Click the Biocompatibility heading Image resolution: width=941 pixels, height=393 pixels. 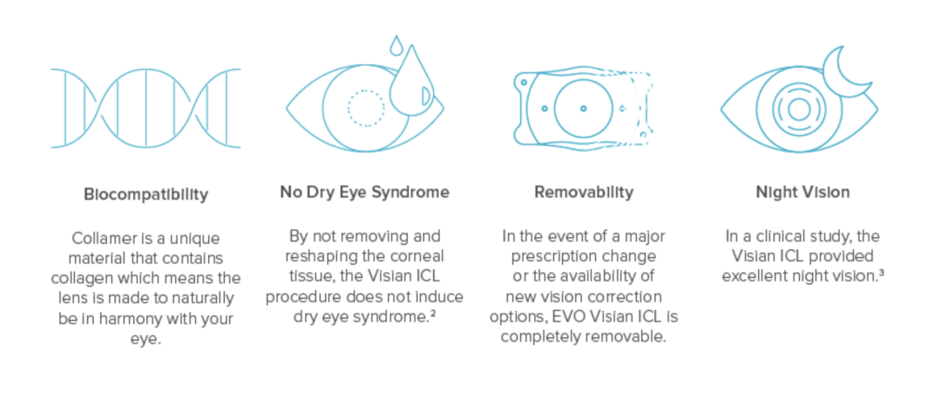(x=146, y=194)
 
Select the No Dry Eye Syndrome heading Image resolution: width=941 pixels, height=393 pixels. (x=364, y=192)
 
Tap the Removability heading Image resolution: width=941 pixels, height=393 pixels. (x=584, y=192)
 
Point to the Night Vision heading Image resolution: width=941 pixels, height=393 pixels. (x=802, y=192)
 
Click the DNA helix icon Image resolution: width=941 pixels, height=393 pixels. (x=146, y=108)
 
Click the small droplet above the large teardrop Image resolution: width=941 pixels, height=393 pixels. (x=396, y=45)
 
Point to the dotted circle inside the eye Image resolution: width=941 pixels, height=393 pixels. (x=366, y=108)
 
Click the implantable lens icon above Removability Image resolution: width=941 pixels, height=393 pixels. (x=584, y=108)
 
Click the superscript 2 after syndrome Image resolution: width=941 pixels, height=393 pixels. (x=432, y=313)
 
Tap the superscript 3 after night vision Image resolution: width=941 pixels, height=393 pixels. (x=882, y=273)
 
